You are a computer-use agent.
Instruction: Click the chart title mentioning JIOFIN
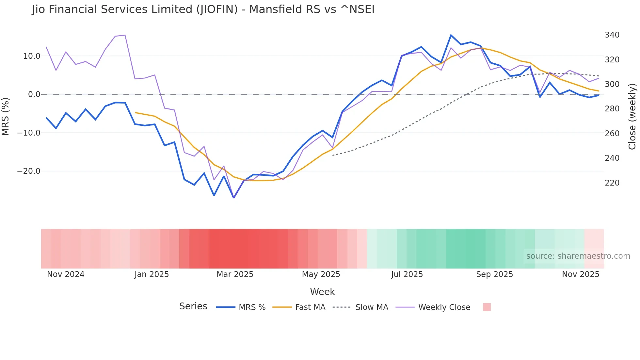(203, 9)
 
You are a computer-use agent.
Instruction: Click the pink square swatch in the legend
(487, 307)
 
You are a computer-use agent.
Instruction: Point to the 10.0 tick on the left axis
(32, 56)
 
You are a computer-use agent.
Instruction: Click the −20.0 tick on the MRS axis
(29, 171)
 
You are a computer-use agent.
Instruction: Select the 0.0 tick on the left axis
(34, 94)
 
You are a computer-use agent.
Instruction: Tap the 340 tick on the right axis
(612, 35)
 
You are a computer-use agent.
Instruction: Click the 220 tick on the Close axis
(612, 183)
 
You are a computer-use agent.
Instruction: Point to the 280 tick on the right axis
(612, 109)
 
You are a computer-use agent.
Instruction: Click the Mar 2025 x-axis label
(235, 274)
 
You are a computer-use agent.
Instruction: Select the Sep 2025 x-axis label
(494, 274)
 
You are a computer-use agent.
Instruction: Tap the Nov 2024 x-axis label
(66, 274)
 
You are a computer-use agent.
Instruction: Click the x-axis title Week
(322, 292)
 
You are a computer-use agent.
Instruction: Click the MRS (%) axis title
(6, 116)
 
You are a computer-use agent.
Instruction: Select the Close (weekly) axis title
(632, 117)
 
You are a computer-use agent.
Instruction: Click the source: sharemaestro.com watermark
(578, 256)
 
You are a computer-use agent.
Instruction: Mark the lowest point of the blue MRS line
(234, 198)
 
